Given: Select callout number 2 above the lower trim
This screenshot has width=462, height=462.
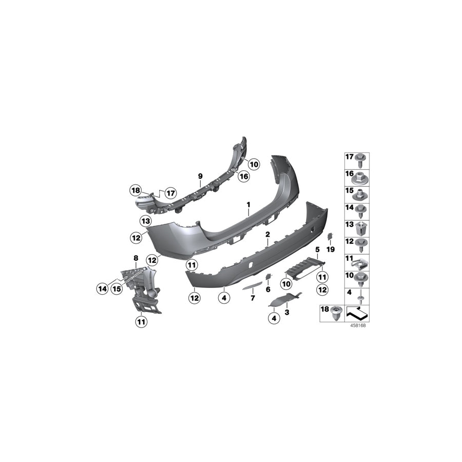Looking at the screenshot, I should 267,234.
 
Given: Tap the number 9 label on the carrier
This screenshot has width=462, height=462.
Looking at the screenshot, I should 200,176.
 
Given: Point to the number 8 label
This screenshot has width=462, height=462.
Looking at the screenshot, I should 136,258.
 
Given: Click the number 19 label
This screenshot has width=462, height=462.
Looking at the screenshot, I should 331,249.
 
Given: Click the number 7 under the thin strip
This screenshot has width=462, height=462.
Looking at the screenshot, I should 252,297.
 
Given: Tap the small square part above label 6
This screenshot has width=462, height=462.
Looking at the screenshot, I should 267,277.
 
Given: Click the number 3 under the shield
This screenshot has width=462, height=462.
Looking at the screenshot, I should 287,312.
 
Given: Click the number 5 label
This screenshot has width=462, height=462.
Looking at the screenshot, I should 317,249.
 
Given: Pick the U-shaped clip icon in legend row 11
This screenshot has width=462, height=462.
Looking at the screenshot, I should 363,263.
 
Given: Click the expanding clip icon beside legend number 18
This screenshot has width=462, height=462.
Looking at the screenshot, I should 337,312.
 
